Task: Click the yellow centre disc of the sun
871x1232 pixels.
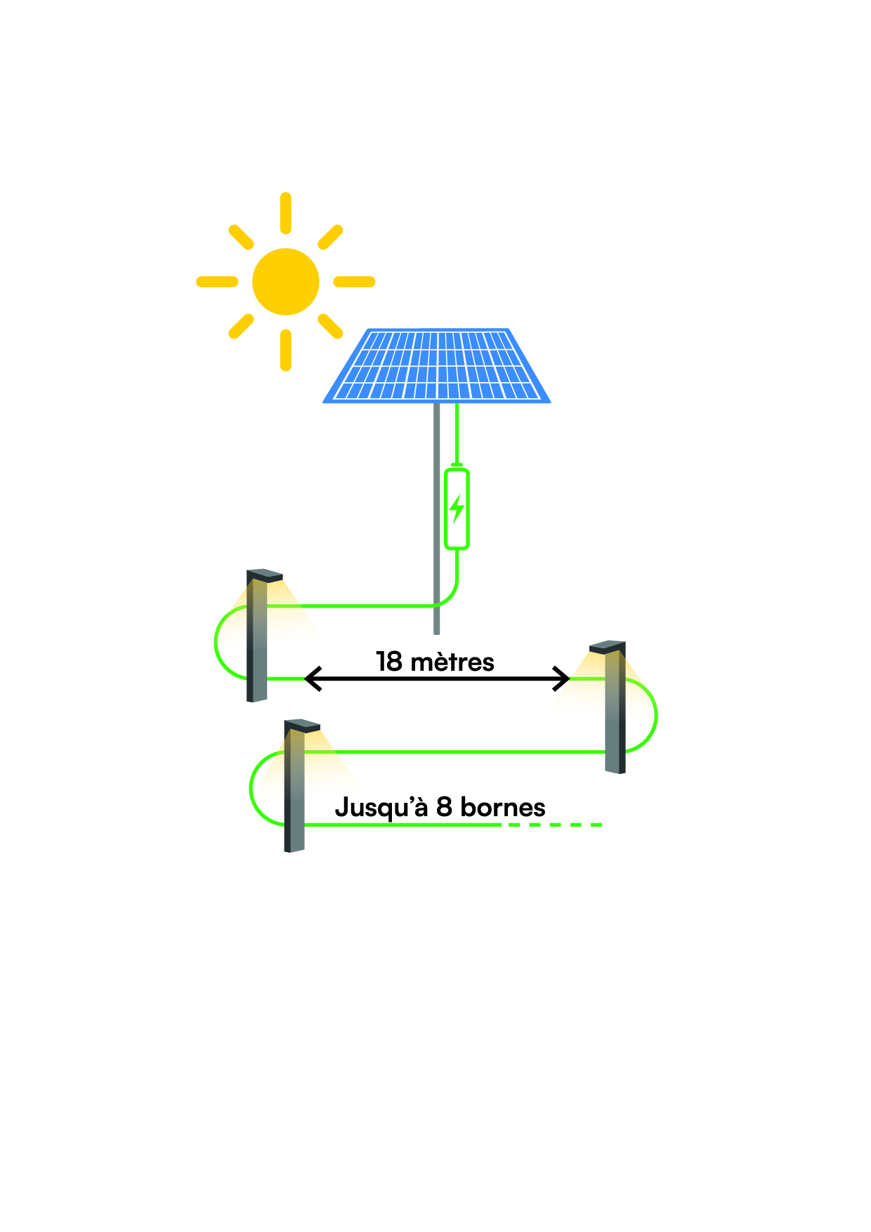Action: (286, 282)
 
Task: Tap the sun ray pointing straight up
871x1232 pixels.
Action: (286, 213)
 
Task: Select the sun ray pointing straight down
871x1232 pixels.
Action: (286, 350)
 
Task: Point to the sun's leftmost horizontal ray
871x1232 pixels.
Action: (217, 282)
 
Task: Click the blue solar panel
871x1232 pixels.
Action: (437, 365)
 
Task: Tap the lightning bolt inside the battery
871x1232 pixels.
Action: (457, 509)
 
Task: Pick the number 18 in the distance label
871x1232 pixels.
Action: (388, 662)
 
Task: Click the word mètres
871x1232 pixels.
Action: (452, 662)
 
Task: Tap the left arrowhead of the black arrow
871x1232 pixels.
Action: (312, 679)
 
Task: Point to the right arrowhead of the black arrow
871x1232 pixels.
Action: (561, 679)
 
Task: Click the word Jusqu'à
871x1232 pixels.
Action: (381, 808)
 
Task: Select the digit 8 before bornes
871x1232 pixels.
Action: (444, 807)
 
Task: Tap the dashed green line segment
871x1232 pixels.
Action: (555, 825)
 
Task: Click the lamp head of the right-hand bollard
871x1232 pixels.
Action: (608, 646)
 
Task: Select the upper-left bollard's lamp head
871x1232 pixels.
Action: (265, 575)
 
